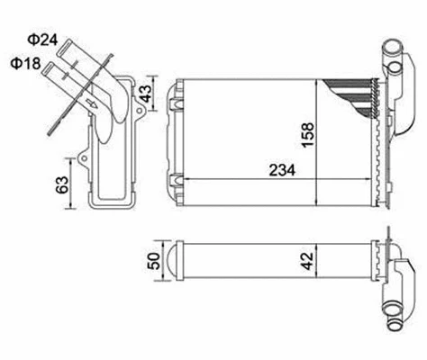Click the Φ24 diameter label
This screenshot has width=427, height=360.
tap(40, 40)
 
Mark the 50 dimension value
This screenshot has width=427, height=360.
tap(153, 262)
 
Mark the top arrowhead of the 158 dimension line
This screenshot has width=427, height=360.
tap(315, 82)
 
